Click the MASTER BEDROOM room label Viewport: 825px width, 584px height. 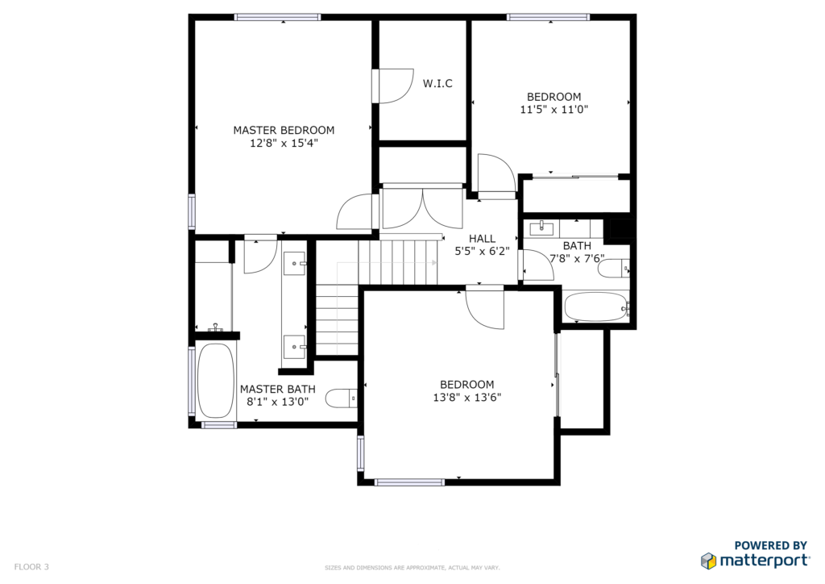[284, 130]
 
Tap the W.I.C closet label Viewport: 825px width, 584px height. [437, 83]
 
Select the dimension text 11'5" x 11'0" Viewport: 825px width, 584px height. [554, 110]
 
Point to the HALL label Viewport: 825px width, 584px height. [482, 239]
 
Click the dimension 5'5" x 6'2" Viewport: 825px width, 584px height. [482, 251]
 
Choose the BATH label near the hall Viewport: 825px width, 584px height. [577, 246]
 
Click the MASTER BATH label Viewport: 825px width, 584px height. [278, 389]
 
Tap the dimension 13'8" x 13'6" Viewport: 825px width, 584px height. [467, 398]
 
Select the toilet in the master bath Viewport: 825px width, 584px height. [341, 398]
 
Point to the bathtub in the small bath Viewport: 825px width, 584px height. [595, 307]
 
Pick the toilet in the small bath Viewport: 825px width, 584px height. [613, 269]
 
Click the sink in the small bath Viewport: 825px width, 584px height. [541, 228]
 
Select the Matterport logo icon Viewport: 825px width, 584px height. [709, 561]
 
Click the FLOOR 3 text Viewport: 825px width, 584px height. [31, 566]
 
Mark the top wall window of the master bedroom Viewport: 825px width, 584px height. [277, 18]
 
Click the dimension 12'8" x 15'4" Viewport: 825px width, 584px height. [284, 144]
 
